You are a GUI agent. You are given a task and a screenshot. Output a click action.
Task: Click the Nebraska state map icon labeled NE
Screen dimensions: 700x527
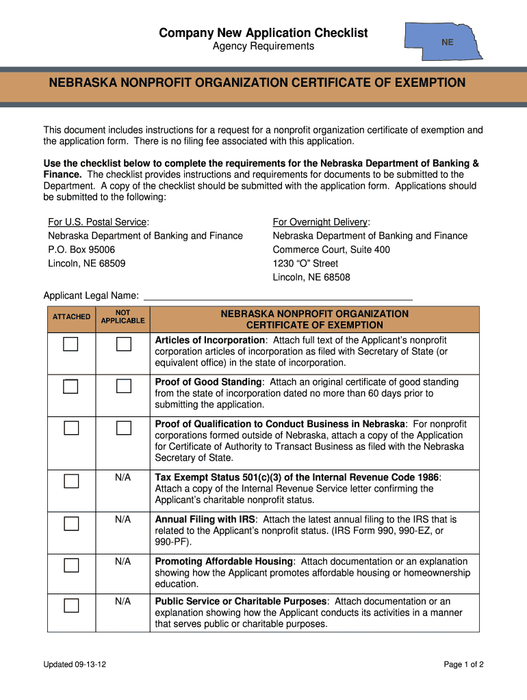click(444, 42)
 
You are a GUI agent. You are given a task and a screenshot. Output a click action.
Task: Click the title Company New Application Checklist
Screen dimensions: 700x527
click(263, 33)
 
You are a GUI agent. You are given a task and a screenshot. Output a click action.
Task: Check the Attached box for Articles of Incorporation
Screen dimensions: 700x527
click(71, 344)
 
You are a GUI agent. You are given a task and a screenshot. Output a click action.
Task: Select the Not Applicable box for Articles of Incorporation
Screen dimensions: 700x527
click(123, 344)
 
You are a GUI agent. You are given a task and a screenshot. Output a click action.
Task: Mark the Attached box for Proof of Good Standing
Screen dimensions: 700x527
click(71, 386)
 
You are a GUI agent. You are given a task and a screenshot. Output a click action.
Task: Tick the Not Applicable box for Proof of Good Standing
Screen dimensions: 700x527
click(123, 386)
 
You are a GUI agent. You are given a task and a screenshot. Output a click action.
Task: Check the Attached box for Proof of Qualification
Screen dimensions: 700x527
click(71, 428)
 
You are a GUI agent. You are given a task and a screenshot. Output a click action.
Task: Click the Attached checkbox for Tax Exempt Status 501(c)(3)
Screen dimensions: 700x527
click(71, 481)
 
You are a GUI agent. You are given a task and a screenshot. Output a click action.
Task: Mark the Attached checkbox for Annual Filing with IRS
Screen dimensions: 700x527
click(71, 524)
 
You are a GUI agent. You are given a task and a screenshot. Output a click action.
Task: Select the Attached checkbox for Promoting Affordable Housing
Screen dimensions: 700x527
click(71, 565)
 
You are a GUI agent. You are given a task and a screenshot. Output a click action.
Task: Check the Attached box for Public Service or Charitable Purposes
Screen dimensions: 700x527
click(71, 605)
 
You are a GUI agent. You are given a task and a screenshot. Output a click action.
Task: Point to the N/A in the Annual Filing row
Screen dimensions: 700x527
click(123, 520)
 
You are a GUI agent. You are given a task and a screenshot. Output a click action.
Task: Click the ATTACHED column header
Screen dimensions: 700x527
click(71, 317)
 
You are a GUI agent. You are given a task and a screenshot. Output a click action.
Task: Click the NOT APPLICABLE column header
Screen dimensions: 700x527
click(123, 316)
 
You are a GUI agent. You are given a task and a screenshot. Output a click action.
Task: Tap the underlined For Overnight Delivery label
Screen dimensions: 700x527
click(320, 222)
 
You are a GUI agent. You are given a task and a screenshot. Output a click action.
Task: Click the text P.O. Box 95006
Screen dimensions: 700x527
click(81, 250)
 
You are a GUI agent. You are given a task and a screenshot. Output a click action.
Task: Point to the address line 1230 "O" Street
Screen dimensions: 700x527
click(305, 263)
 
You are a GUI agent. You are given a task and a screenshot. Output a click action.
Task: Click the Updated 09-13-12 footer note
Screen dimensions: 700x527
click(75, 664)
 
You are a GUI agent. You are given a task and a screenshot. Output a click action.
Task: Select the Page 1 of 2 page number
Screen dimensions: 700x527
click(464, 664)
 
